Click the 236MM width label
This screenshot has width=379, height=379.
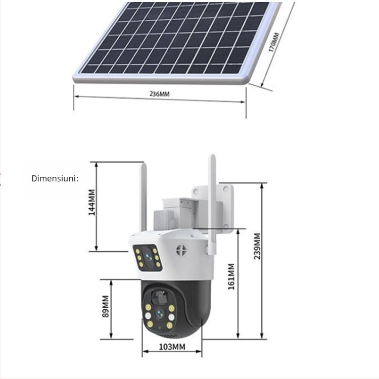tap(159, 94)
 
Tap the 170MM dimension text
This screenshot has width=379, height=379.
tap(273, 42)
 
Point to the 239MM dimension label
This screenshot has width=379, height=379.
tap(258, 246)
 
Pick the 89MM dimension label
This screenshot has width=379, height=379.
tap(106, 306)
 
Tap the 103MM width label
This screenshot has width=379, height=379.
tap(172, 347)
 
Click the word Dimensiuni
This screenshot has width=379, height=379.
tap(55, 178)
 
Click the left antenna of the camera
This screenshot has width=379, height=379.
tap(144, 197)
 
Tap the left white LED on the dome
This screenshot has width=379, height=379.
tap(148, 316)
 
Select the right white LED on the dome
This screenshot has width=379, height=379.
tap(172, 317)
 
